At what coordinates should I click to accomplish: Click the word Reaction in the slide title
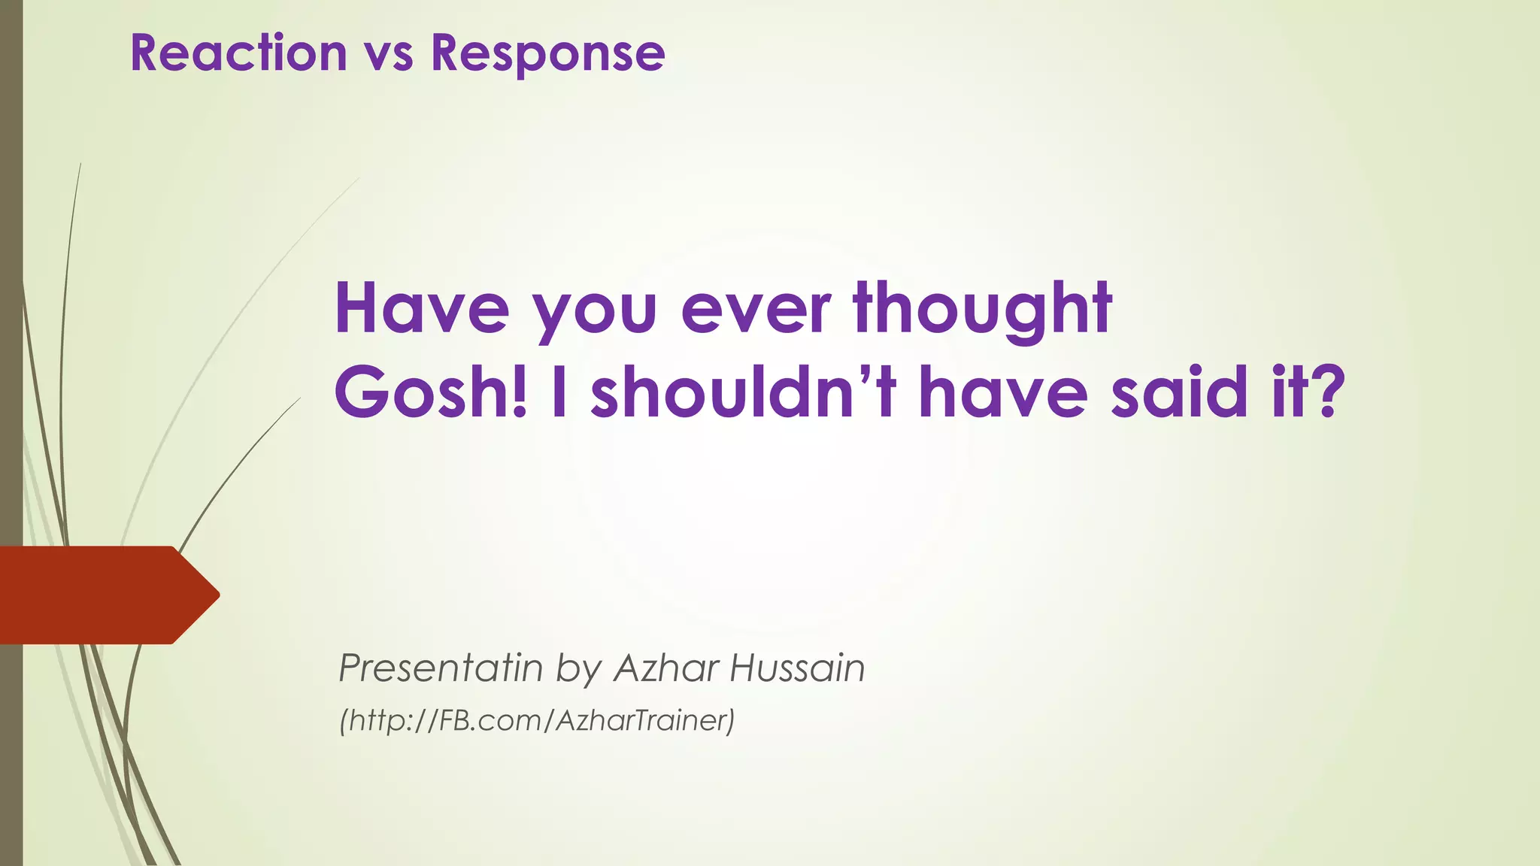pyautogui.click(x=238, y=53)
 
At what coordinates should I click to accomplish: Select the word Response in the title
pyautogui.click(x=547, y=54)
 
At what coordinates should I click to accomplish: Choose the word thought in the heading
pyautogui.click(x=983, y=310)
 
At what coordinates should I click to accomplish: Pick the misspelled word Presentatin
pyautogui.click(x=440, y=668)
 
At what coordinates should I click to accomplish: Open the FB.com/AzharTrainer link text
pyautogui.click(x=536, y=720)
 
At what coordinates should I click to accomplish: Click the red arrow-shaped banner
pyautogui.click(x=98, y=595)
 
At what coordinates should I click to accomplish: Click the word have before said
pyautogui.click(x=1003, y=392)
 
